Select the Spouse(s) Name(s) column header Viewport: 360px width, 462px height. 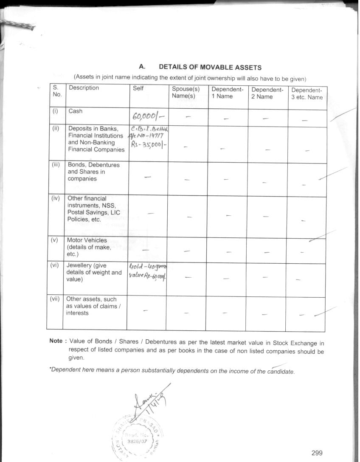(186, 93)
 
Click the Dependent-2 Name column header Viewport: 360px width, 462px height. (267, 93)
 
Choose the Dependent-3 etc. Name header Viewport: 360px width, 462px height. (307, 94)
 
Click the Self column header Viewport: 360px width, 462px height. (138, 88)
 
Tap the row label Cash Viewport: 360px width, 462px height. (76, 111)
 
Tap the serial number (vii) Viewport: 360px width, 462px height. (55, 299)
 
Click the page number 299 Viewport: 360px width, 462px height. (317, 453)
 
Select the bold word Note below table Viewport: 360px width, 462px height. (57, 341)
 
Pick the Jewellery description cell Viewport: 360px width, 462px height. (94, 273)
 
